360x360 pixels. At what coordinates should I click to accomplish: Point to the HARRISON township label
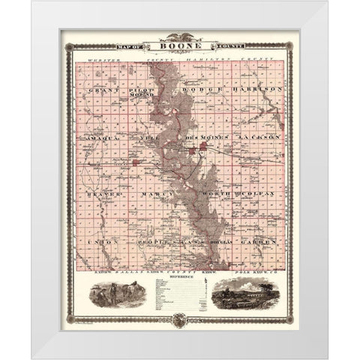(x=257, y=88)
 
